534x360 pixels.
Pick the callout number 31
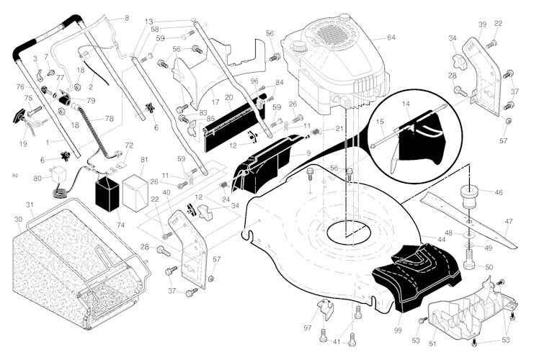(x=30, y=206)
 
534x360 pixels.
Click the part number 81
(x=144, y=160)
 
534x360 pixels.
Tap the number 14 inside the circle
(x=405, y=105)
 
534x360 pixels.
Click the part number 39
(x=482, y=24)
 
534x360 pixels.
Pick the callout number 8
(x=127, y=17)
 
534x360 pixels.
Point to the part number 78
(x=110, y=118)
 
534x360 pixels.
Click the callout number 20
(x=228, y=97)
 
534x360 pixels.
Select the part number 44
(x=441, y=238)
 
